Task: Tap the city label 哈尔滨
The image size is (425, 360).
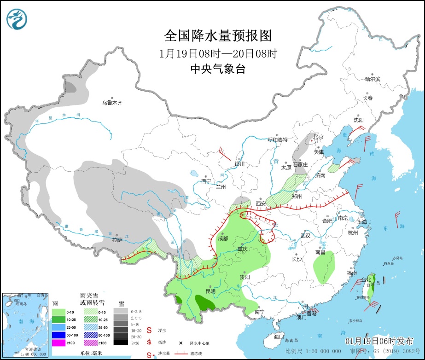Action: [373, 79]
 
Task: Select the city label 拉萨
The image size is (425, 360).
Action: [117, 239]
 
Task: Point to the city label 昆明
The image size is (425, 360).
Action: [210, 290]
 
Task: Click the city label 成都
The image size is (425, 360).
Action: [223, 238]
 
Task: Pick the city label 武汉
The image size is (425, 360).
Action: [305, 235]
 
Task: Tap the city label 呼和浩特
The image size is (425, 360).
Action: [278, 139]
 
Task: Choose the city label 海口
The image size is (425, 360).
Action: [279, 337]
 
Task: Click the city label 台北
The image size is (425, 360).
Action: [366, 279]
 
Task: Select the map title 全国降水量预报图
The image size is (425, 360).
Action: [218, 35]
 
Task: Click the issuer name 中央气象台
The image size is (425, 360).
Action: [218, 69]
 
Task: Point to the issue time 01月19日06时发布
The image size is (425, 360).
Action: [379, 341]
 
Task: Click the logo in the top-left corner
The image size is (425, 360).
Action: [17, 18]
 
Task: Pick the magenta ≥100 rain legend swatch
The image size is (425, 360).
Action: [58, 343]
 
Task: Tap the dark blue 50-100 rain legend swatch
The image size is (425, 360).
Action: [58, 335]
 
